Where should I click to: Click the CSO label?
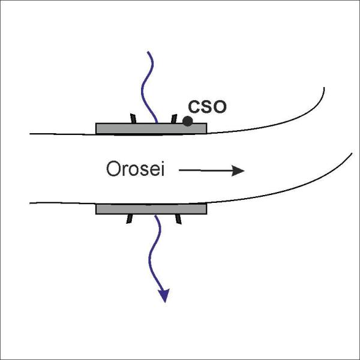point(207,107)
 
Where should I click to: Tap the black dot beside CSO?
point(188,121)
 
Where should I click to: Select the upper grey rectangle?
point(151,128)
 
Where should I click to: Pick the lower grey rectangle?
point(151,209)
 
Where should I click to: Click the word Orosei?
point(136,169)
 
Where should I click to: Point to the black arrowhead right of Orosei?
point(238,170)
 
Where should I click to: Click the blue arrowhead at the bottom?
point(164,295)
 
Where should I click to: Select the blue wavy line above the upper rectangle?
point(147,87)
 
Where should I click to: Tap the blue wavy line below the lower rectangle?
point(155,253)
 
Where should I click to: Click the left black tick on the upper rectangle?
point(133,118)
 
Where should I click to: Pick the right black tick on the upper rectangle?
point(174,118)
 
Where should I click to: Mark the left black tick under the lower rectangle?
point(129,219)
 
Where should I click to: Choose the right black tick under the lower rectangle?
point(179,219)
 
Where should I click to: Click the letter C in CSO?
point(194,107)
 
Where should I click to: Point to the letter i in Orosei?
point(163,169)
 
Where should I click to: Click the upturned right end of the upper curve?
point(324,88)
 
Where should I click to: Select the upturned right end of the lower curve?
point(352,154)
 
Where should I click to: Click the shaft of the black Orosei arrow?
point(205,170)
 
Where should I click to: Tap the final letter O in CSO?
point(220,107)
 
